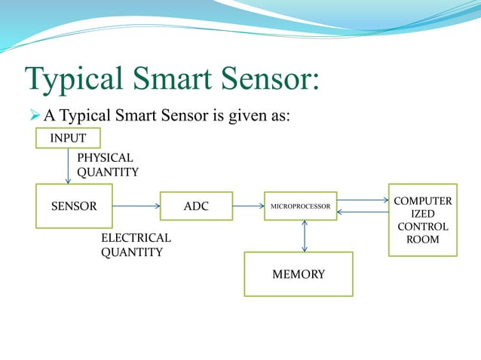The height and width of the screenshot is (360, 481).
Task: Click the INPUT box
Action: (x=68, y=139)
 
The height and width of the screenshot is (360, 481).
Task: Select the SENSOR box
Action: (x=69, y=206)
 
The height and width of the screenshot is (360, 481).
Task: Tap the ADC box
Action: (x=196, y=206)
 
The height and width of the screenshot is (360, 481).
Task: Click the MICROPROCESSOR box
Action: (x=301, y=206)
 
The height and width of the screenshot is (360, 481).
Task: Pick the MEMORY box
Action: (x=299, y=274)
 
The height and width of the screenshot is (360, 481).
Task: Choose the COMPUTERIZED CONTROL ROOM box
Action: (x=423, y=220)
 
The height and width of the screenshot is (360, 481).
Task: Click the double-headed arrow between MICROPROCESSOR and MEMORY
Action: (x=305, y=236)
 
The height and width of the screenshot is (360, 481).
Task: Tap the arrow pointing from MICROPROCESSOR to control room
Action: (x=362, y=200)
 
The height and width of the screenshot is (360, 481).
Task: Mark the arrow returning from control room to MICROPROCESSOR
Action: (x=362, y=212)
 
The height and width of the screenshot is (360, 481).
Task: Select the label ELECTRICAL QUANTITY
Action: (x=136, y=245)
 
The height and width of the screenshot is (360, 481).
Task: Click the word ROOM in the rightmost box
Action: (x=423, y=239)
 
